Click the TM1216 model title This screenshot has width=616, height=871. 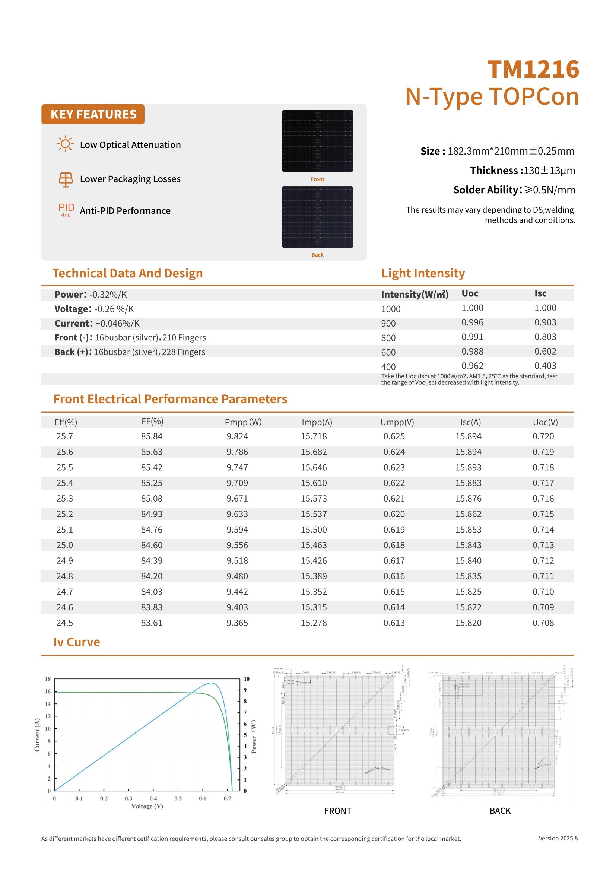tap(533, 69)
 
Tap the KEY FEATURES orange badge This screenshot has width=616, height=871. tap(93, 114)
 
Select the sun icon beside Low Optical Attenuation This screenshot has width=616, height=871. tap(65, 144)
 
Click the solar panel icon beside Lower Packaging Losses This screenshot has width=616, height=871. tap(66, 179)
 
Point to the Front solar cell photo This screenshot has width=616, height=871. tap(317, 141)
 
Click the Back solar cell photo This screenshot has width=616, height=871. tap(317, 217)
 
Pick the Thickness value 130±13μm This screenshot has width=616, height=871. tap(549, 171)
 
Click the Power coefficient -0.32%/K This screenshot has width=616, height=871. tap(108, 295)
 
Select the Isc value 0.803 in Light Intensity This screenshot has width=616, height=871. tap(545, 337)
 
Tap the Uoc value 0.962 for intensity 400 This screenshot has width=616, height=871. tap(472, 366)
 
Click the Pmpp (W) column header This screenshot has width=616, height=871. tap(243, 422)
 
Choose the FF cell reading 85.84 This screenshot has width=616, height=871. tap(152, 436)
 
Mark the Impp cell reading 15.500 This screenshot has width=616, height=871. tap(314, 530)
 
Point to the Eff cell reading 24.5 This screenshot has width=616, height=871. tap(64, 623)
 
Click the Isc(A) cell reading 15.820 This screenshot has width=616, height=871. tap(469, 623)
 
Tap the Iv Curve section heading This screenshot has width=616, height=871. tap(77, 642)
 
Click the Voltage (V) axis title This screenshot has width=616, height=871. tap(147, 806)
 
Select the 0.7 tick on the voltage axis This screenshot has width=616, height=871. tap(227, 798)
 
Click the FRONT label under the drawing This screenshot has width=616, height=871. tap(337, 811)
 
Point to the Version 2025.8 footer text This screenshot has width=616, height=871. tap(558, 838)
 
